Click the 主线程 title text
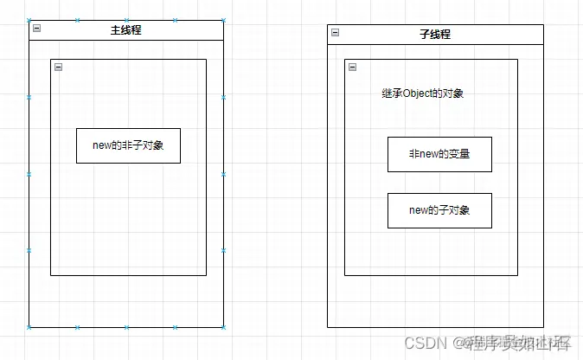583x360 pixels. click(126, 30)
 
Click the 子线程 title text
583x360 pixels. click(435, 35)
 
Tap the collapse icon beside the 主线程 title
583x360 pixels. click(37, 29)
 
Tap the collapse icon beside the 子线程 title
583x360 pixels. click(335, 33)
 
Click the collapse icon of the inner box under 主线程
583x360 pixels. click(58, 67)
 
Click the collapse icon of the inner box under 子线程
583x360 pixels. click(352, 67)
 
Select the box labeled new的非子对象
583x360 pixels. click(128, 145)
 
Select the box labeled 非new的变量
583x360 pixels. click(439, 154)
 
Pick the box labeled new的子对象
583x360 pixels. click(439, 210)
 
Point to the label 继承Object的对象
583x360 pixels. click(422, 93)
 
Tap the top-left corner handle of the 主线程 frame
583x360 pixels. click(29, 19)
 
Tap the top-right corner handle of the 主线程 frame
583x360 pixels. click(223, 19)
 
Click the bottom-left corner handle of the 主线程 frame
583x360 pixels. click(29, 327)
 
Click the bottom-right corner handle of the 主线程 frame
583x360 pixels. click(223, 327)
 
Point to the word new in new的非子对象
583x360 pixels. click(102, 145)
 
